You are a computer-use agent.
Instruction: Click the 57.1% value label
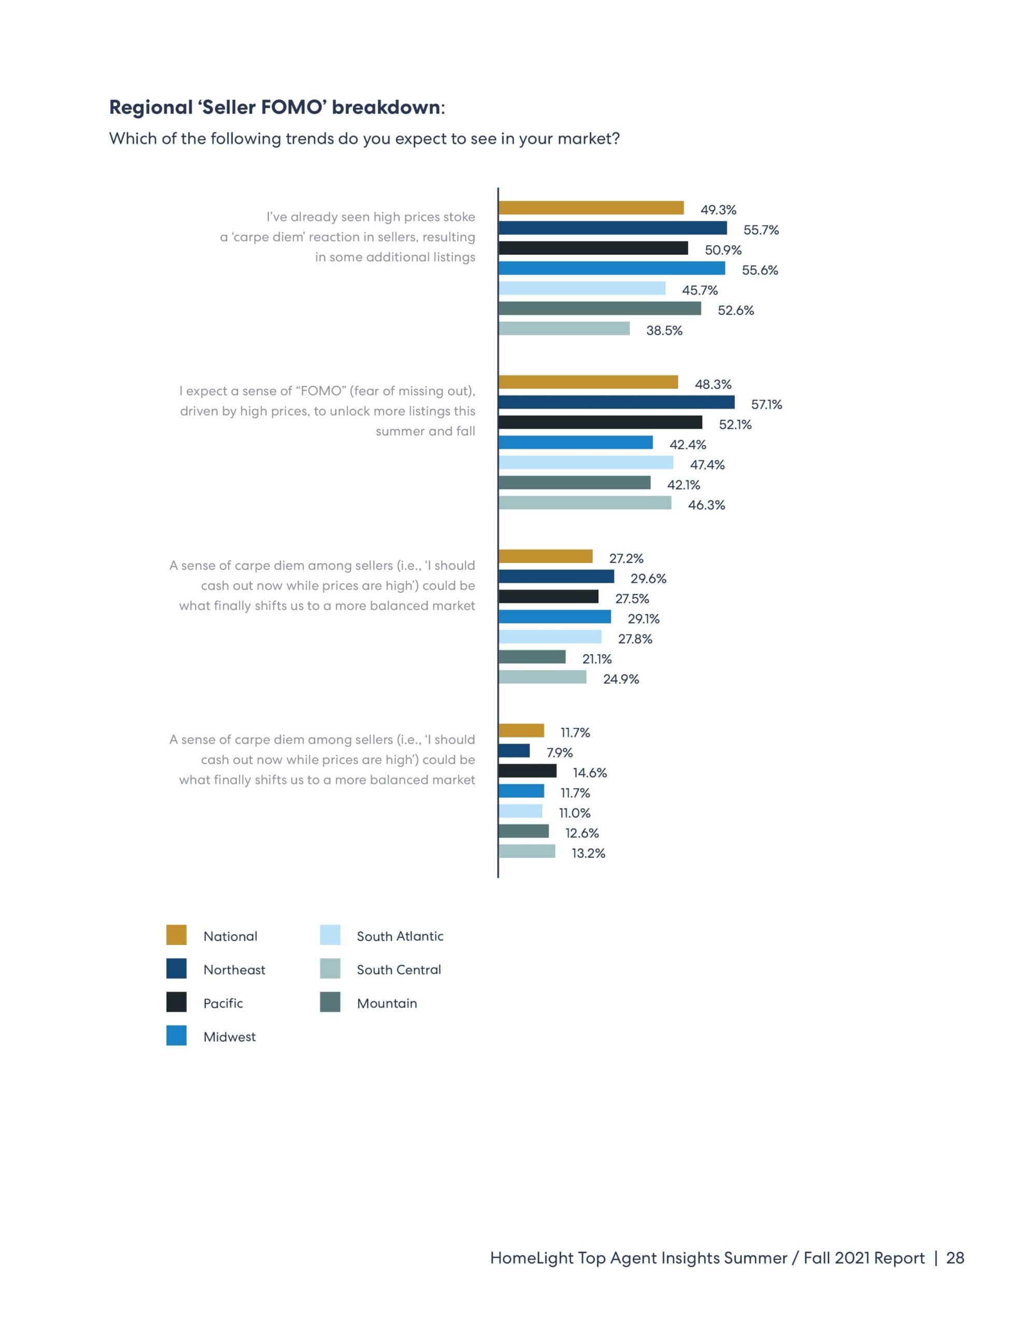pyautogui.click(x=766, y=405)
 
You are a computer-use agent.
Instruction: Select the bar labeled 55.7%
pyautogui.click(x=613, y=228)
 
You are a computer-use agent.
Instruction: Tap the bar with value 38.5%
pyautogui.click(x=564, y=329)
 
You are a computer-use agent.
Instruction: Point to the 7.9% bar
pyautogui.click(x=514, y=751)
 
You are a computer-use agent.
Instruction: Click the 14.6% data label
pyautogui.click(x=589, y=773)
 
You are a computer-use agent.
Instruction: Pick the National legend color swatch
pyautogui.click(x=176, y=935)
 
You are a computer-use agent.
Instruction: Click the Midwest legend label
pyautogui.click(x=230, y=1037)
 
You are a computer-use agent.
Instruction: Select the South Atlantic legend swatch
pyautogui.click(x=330, y=935)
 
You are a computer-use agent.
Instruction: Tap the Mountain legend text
pyautogui.click(x=387, y=1003)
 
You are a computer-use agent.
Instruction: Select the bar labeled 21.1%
pyautogui.click(x=532, y=657)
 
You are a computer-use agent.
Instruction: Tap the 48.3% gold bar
pyautogui.click(x=588, y=382)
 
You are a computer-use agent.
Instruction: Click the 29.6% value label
pyautogui.click(x=648, y=578)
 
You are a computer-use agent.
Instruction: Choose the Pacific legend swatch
pyautogui.click(x=176, y=1002)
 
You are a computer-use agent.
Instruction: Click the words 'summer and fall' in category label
pyautogui.click(x=425, y=431)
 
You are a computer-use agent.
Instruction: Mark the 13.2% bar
pyautogui.click(x=527, y=851)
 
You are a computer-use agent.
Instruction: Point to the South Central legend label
pyautogui.click(x=398, y=970)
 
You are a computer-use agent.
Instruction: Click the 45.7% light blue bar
pyautogui.click(x=582, y=289)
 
